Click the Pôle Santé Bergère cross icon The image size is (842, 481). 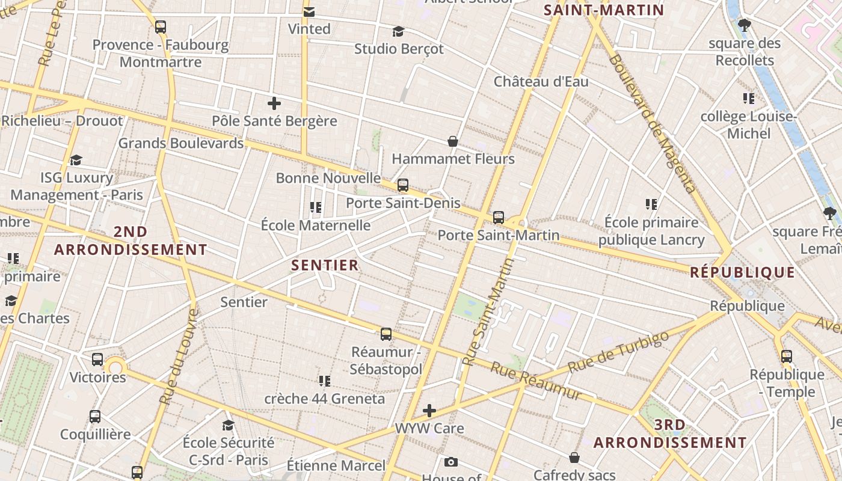[274, 103]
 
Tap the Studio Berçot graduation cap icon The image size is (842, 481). [398, 31]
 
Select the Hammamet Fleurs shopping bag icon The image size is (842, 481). [453, 141]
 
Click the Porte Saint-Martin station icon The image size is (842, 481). [499, 218]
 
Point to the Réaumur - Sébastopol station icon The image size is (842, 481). [386, 334]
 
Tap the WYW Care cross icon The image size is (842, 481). [429, 411]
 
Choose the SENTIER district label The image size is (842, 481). [325, 265]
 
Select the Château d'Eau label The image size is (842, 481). [541, 81]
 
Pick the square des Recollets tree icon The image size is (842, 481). [745, 25]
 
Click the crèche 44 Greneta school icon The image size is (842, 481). [325, 381]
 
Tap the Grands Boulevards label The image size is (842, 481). [180, 143]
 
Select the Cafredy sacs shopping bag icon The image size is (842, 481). [574, 458]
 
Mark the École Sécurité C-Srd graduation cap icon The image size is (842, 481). [228, 426]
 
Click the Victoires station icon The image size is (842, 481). [97, 360]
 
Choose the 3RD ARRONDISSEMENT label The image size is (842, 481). [670, 434]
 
